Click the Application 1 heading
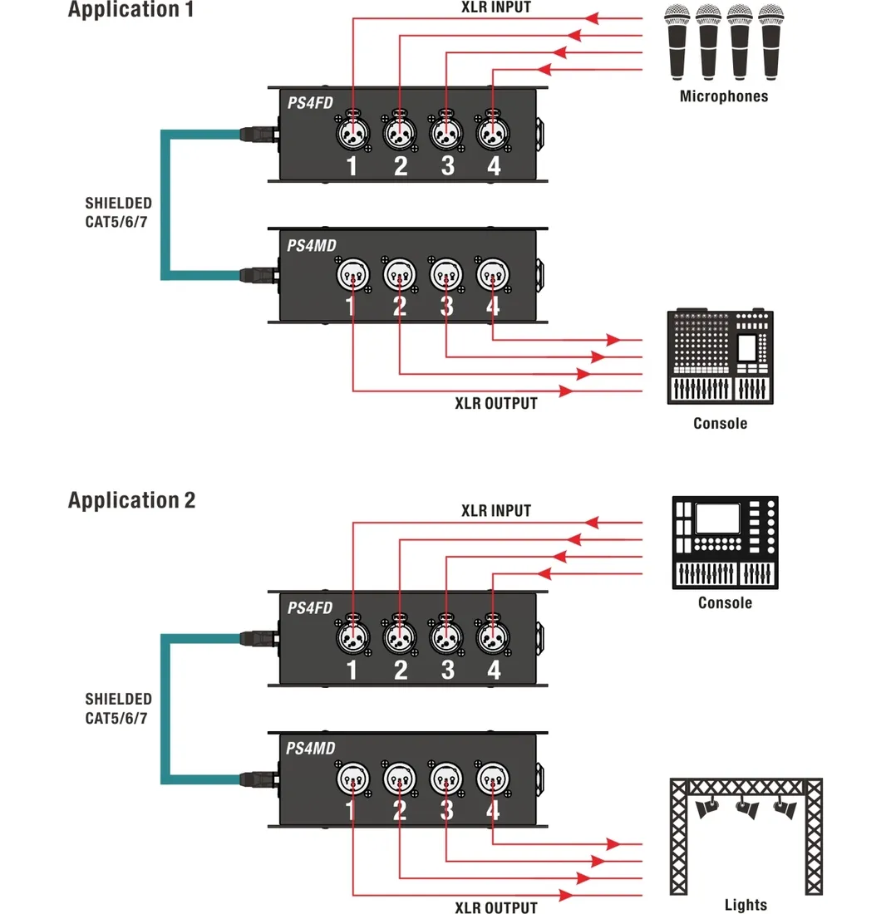[x=131, y=10]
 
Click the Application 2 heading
[x=131, y=500]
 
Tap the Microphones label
[x=723, y=96]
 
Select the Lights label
[x=745, y=905]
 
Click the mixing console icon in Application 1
[x=720, y=357]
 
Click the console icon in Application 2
[x=724, y=542]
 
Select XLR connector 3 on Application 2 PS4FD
[x=446, y=637]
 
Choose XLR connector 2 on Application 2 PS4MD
[x=399, y=779]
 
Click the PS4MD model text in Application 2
[x=310, y=749]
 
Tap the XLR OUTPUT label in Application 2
[x=495, y=907]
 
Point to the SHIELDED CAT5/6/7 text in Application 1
[x=118, y=212]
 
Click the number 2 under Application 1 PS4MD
[x=400, y=308]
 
